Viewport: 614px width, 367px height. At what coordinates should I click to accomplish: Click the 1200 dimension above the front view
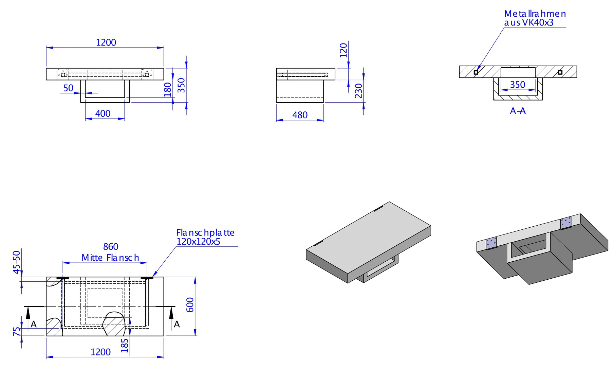(106, 42)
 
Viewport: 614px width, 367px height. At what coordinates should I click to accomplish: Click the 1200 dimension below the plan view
(100, 352)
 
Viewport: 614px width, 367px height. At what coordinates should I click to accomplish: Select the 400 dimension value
(103, 113)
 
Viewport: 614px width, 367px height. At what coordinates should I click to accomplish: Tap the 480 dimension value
(300, 115)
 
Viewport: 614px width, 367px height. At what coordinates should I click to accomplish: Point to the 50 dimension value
(69, 88)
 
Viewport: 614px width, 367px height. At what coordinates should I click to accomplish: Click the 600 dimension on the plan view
(190, 305)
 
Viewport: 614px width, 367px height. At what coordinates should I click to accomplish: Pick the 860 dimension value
(111, 247)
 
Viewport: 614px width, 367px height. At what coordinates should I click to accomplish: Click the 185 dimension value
(125, 345)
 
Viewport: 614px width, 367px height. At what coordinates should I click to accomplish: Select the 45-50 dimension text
(17, 262)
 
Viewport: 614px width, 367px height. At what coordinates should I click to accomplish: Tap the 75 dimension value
(17, 332)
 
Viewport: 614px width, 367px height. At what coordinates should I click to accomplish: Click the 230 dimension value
(359, 91)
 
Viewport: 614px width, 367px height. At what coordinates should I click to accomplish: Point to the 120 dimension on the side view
(343, 50)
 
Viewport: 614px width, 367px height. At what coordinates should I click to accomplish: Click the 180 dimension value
(168, 90)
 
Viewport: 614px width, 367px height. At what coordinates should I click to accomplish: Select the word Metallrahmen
(535, 14)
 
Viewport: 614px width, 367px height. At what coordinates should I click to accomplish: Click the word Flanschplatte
(205, 233)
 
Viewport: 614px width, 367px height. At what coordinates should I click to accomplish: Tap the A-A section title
(518, 111)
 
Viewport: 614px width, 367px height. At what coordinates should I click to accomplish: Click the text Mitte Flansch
(110, 258)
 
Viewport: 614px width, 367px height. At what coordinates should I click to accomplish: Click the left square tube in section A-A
(476, 72)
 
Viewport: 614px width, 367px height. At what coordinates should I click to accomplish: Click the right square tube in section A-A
(560, 72)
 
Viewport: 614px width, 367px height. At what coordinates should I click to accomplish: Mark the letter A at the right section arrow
(177, 325)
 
